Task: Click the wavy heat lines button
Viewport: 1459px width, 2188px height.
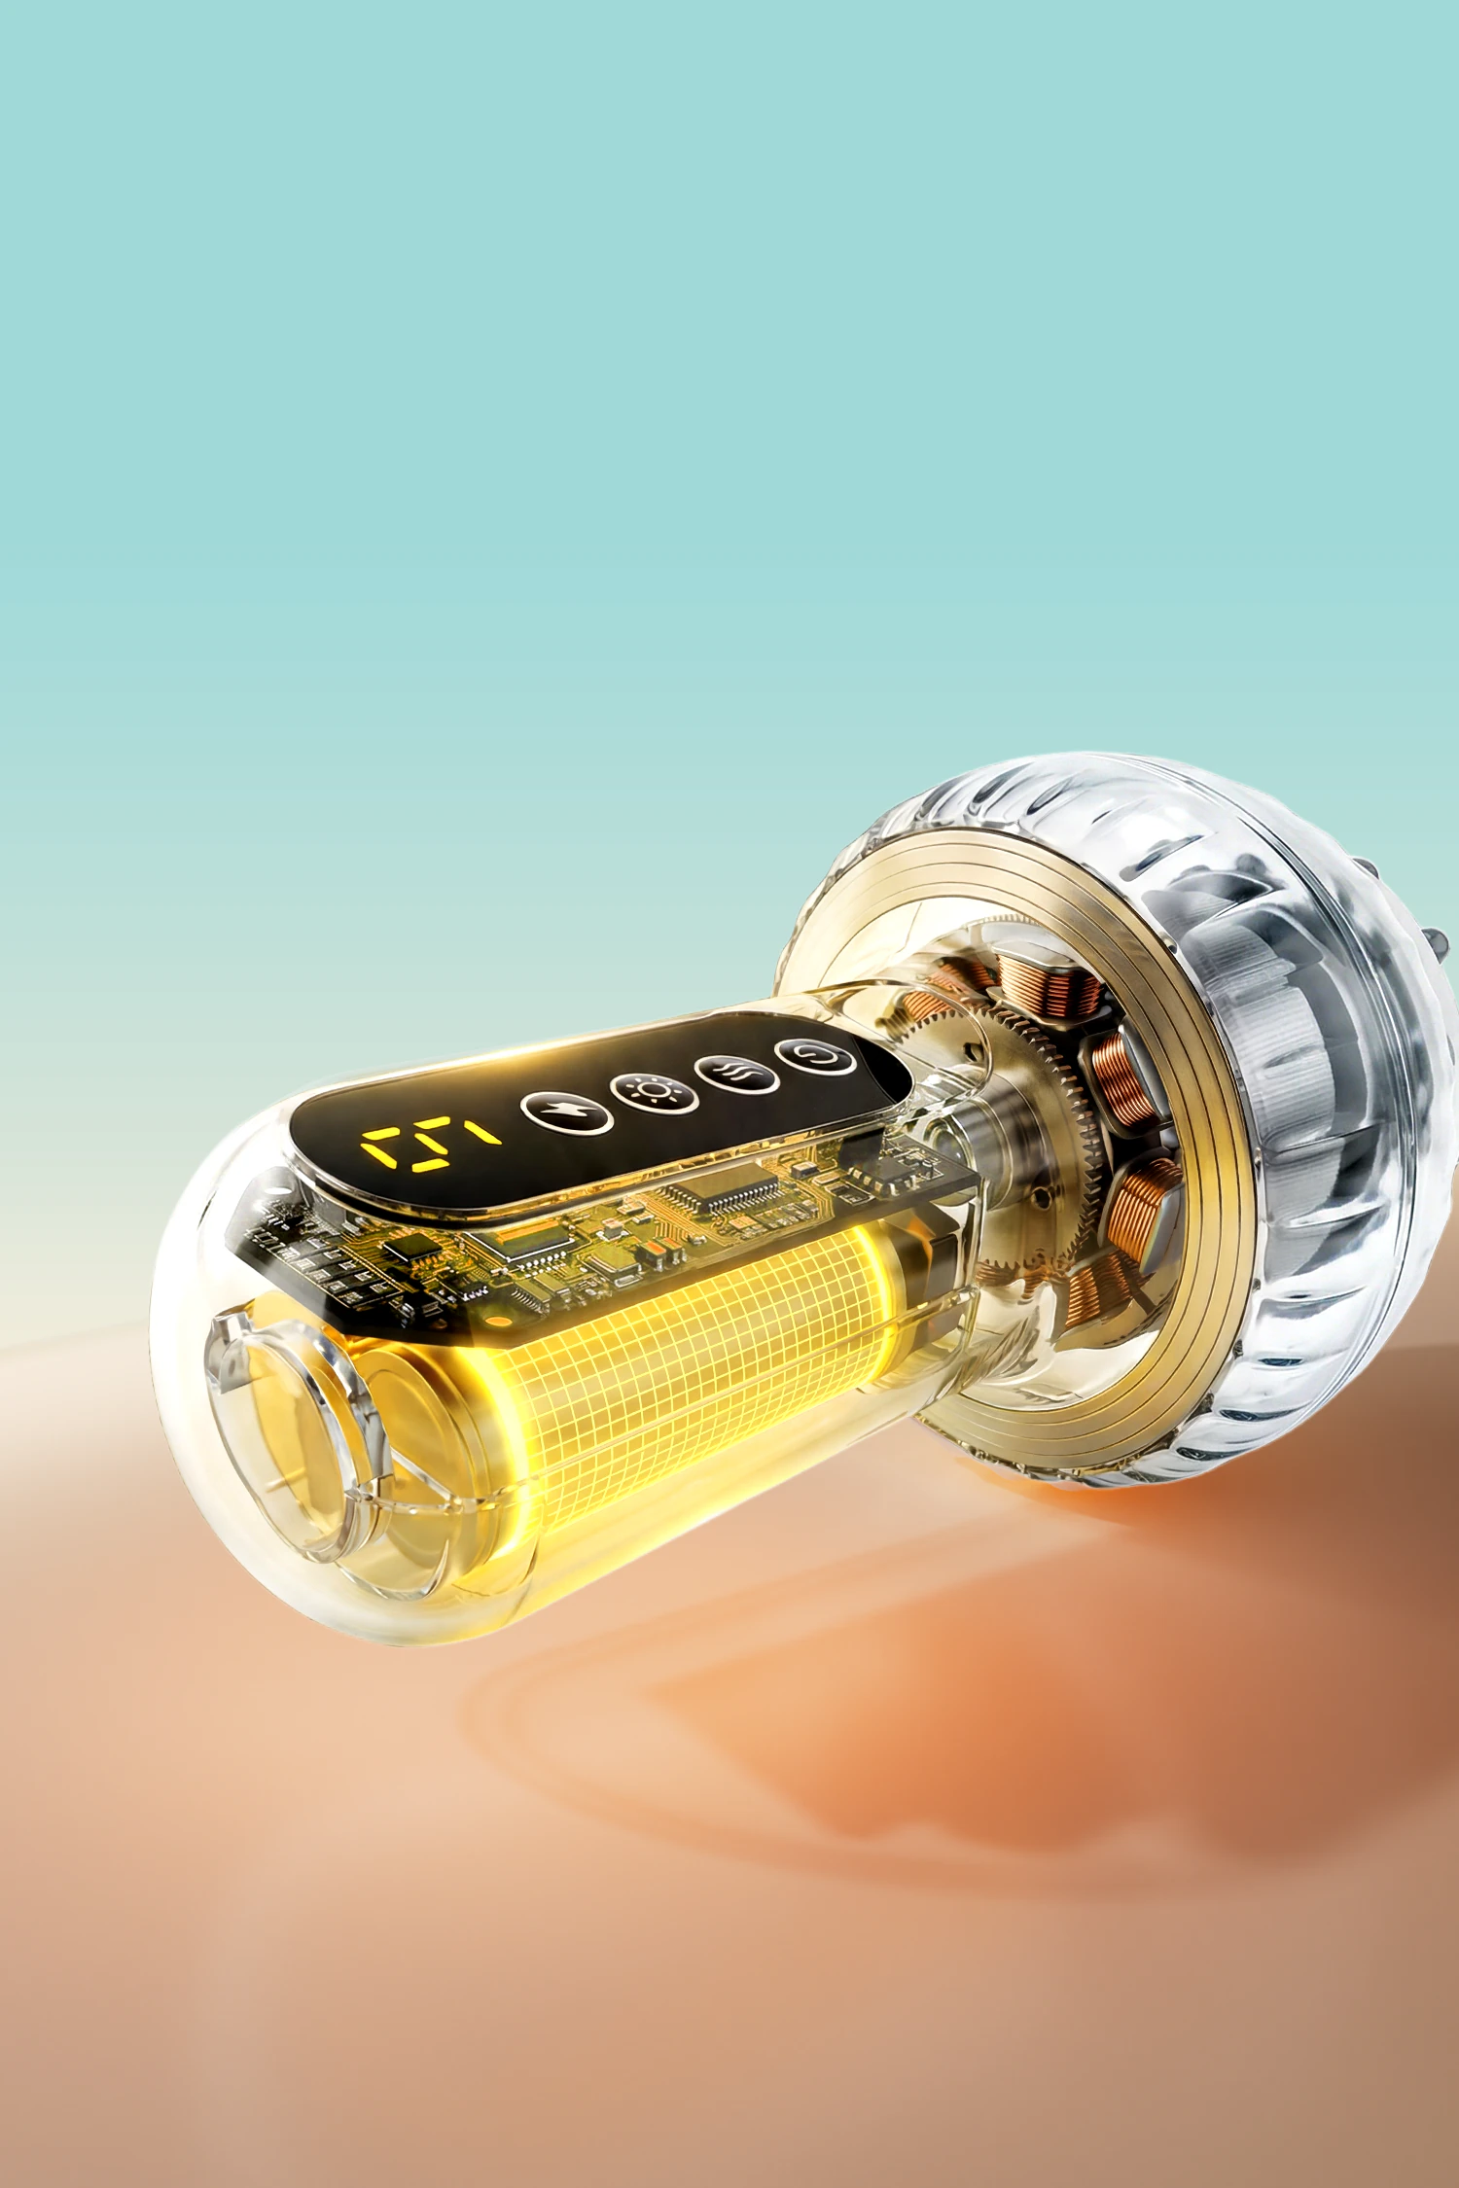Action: tap(736, 1074)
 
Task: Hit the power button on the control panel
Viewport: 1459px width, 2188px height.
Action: tap(815, 1056)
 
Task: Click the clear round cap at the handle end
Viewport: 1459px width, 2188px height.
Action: tap(292, 1429)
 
